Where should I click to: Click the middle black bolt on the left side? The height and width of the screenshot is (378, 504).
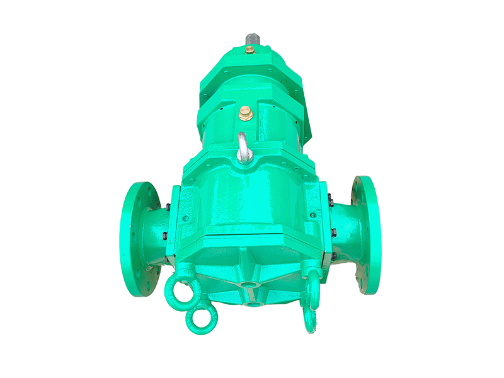click(x=165, y=236)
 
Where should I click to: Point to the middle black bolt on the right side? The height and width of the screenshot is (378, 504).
click(x=334, y=232)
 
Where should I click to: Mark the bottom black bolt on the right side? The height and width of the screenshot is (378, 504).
click(x=333, y=255)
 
